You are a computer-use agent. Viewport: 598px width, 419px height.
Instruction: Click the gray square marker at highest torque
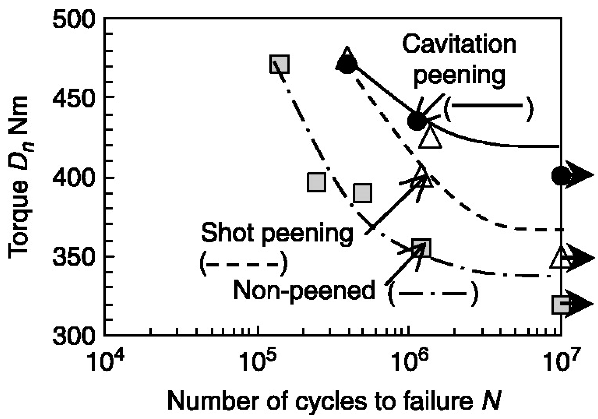click(279, 64)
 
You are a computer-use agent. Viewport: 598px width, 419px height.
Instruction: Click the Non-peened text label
click(304, 290)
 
